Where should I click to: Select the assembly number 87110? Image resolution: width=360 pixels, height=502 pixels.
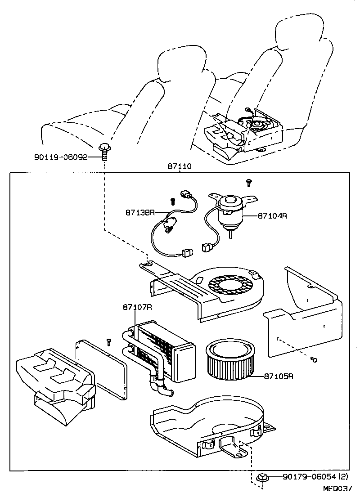point(180,166)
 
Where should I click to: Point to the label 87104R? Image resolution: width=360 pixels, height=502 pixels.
point(272,215)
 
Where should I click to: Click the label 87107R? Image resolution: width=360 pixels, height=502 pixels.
point(137,307)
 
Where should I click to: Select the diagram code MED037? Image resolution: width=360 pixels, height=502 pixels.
point(337,487)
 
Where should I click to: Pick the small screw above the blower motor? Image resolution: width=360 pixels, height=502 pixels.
point(248,182)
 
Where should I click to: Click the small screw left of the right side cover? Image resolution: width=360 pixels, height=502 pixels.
point(315,359)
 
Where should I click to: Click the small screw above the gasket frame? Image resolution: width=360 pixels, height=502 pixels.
point(108,342)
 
